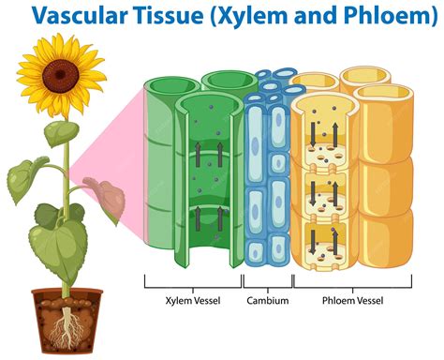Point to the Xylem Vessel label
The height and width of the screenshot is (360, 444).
point(192,301)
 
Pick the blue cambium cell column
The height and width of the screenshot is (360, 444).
point(267,173)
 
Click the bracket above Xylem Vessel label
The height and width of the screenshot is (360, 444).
point(192,281)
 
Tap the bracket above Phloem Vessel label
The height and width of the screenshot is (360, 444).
point(352,281)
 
